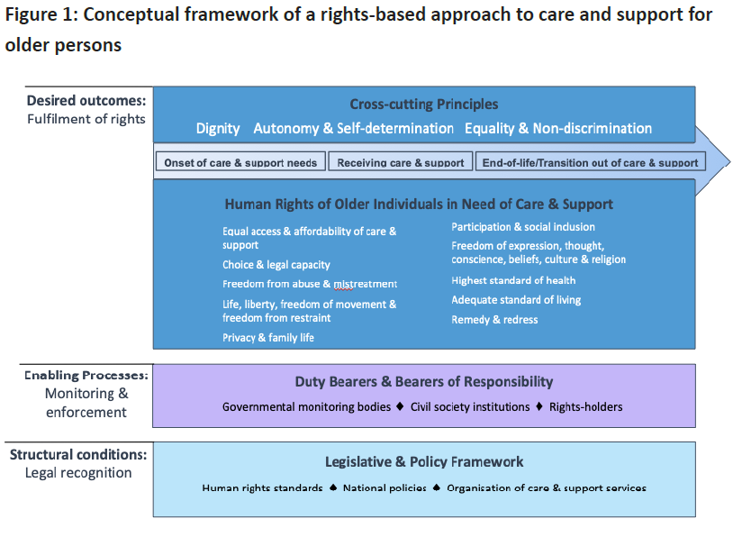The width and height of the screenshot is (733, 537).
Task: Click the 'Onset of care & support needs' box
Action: click(x=240, y=161)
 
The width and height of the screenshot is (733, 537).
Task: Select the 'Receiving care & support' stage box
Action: click(x=401, y=161)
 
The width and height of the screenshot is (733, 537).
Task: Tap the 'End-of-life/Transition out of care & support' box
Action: click(x=591, y=161)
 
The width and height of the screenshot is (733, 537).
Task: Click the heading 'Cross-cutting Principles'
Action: click(x=424, y=104)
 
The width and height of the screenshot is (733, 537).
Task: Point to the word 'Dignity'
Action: click(x=218, y=129)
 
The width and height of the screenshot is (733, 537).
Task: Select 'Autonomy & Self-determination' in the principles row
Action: click(x=353, y=128)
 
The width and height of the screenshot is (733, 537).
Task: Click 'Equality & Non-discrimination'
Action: click(x=558, y=128)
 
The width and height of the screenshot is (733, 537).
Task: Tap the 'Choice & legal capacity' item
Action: click(x=276, y=265)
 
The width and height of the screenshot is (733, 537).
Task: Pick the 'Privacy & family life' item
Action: click(x=268, y=338)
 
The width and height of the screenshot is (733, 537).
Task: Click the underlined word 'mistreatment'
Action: click(x=365, y=284)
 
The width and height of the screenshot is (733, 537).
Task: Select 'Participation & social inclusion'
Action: click(x=523, y=227)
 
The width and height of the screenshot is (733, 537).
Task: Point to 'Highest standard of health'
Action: click(x=513, y=280)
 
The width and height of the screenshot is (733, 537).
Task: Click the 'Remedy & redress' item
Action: click(x=494, y=320)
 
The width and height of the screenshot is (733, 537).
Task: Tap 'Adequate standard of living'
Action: click(x=516, y=300)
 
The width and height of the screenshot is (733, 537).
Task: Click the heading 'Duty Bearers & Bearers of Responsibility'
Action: click(x=424, y=382)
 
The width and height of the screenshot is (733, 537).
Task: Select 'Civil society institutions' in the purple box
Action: click(x=470, y=407)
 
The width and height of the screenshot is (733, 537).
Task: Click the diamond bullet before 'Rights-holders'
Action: click(x=539, y=406)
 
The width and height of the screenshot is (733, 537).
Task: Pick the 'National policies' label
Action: click(x=385, y=487)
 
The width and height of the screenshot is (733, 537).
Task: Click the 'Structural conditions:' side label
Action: click(x=78, y=455)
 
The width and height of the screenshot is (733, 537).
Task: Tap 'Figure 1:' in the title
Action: click(x=41, y=15)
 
